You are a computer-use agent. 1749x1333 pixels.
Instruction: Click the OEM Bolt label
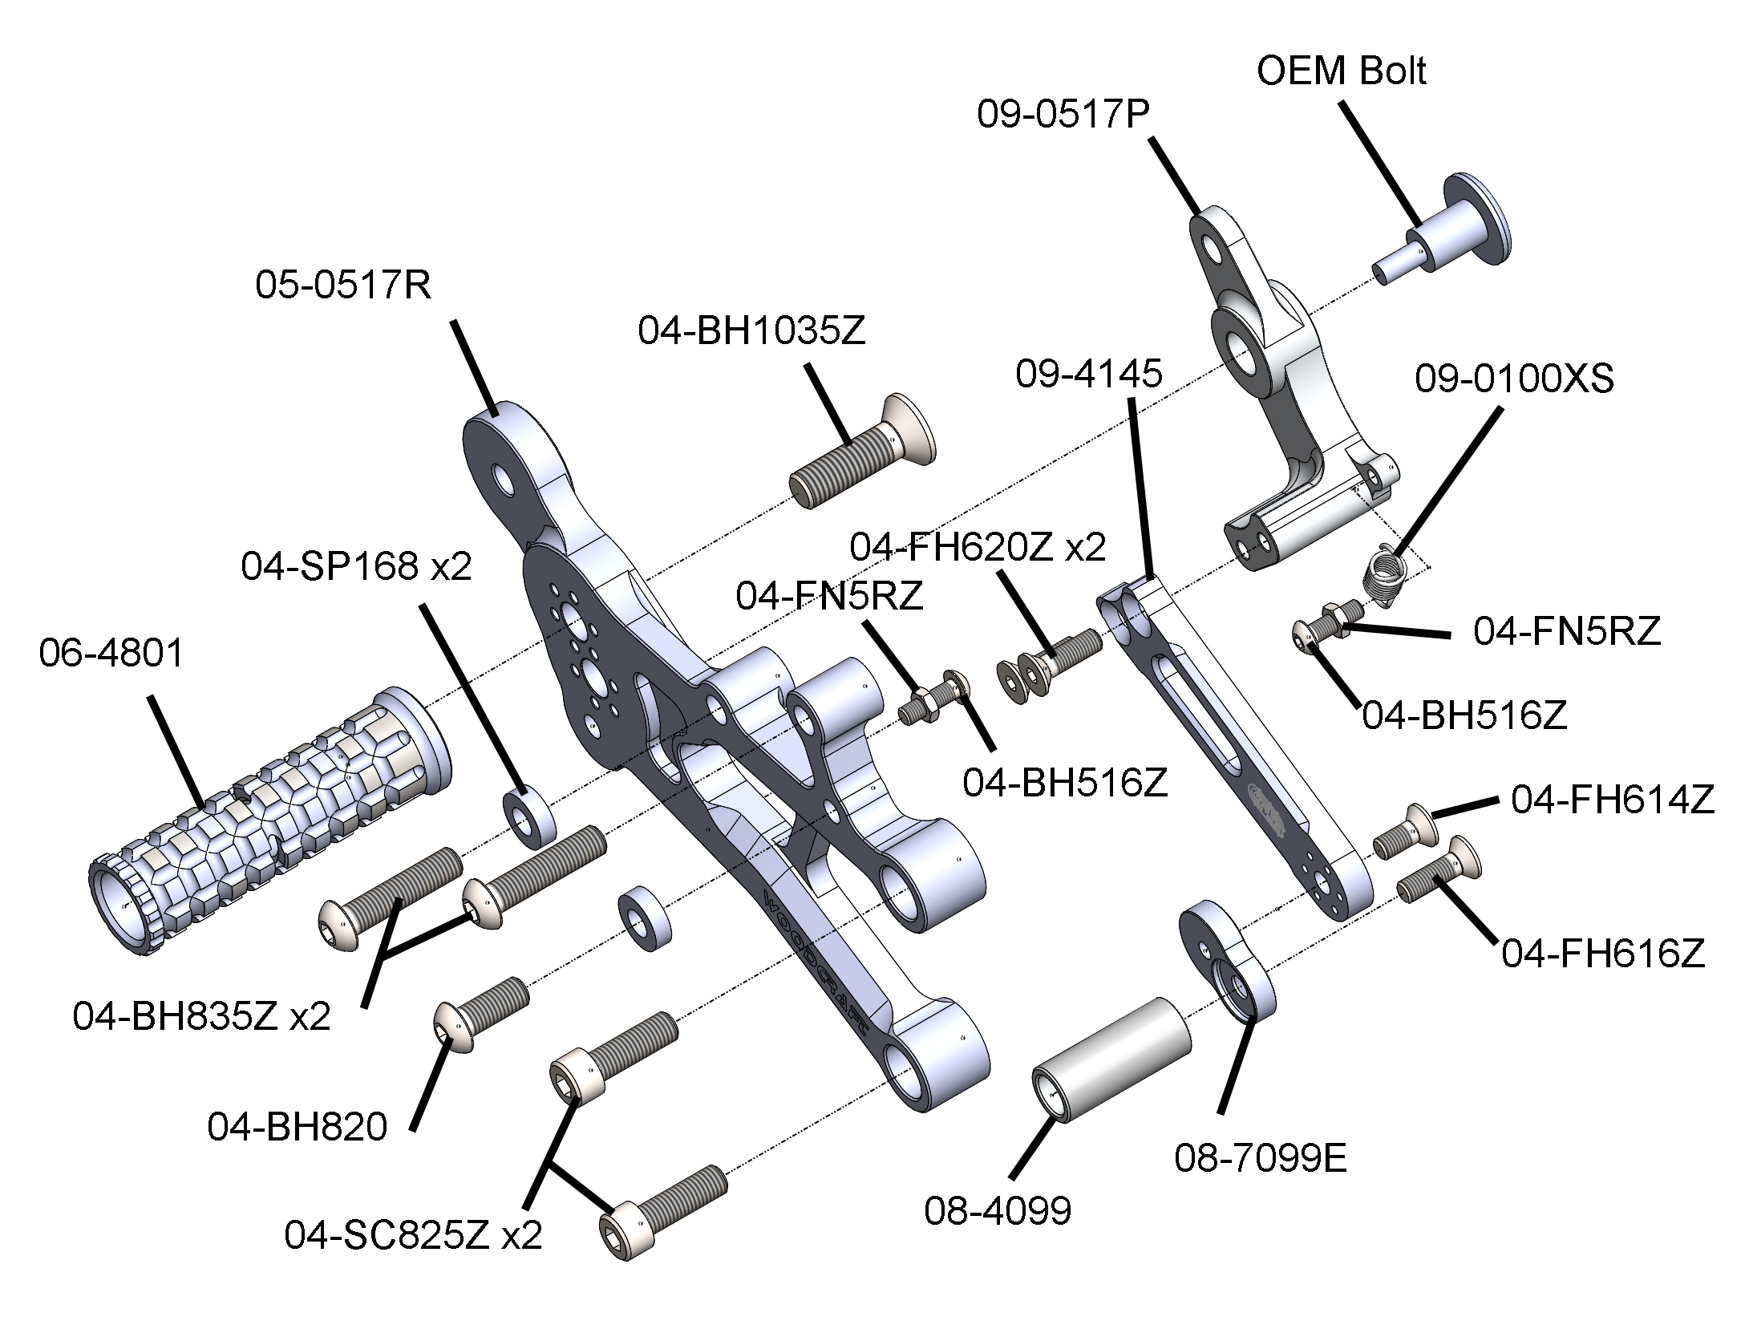click(1341, 72)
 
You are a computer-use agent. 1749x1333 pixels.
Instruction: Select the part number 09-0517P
click(1063, 115)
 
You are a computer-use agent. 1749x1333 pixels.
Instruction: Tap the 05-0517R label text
click(344, 286)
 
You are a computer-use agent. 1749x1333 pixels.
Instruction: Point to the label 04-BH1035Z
click(752, 332)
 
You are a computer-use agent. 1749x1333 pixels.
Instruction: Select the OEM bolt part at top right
click(1443, 233)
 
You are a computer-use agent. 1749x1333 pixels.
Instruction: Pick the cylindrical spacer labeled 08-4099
click(1111, 1059)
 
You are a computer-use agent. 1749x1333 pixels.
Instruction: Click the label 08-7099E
click(1261, 1158)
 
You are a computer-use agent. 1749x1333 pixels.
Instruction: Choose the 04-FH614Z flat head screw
click(1404, 834)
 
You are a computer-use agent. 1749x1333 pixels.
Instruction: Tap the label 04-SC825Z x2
click(414, 1235)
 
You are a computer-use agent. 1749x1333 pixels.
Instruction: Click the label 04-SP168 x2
click(357, 567)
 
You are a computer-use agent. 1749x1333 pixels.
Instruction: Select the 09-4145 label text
click(1089, 375)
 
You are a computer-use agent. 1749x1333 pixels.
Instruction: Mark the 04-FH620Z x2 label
click(978, 547)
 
